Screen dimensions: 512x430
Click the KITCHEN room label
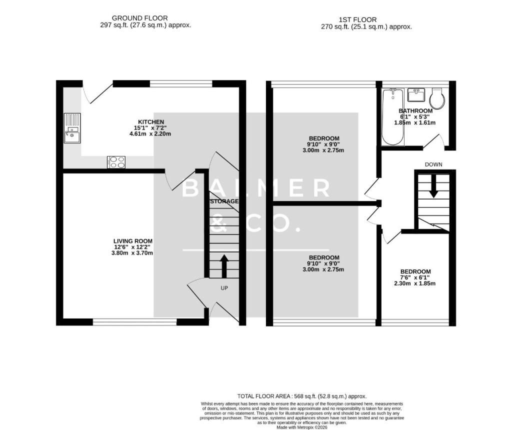coord(151,122)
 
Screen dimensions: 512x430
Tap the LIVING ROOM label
coord(133,241)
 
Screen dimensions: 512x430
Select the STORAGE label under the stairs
coord(224,201)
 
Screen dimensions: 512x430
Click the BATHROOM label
coord(415,111)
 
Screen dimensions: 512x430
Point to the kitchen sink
coord(72,128)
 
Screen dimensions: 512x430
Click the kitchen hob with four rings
coord(116,162)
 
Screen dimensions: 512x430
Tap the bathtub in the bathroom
coord(393,116)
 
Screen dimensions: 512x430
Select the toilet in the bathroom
coord(437,98)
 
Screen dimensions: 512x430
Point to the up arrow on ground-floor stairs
coord(224,266)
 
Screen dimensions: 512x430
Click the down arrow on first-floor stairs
coord(433,186)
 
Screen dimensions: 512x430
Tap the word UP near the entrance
coord(224,288)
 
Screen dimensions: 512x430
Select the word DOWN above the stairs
coord(433,164)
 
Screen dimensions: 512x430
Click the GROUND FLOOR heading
coord(140,18)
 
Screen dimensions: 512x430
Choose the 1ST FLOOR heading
coord(357,20)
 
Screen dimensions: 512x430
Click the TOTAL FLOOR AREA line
coord(302,396)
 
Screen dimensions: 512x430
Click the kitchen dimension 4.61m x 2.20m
coord(150,134)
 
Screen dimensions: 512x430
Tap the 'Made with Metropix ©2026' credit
coord(302,427)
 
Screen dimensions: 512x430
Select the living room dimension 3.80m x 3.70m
coord(132,253)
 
